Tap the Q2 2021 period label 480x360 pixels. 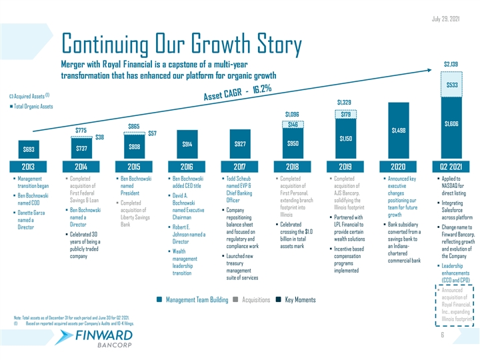pos(450,167)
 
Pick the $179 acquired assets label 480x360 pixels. pos(345,115)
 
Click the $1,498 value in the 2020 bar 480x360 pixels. pos(397,131)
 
